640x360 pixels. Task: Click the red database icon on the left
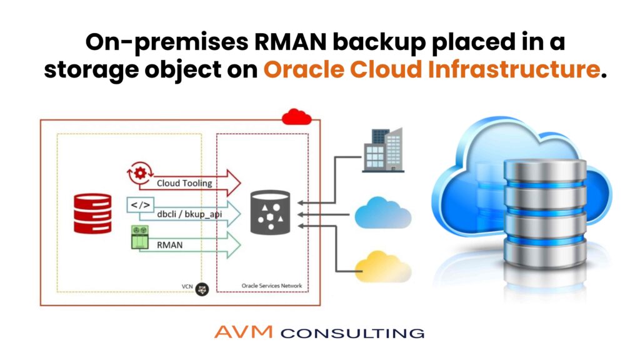[92, 212]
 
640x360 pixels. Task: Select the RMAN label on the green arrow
[170, 245]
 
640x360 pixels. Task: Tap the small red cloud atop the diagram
[296, 117]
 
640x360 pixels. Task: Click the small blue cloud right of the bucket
[382, 214]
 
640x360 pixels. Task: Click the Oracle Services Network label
[271, 286]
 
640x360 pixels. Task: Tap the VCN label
[186, 287]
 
